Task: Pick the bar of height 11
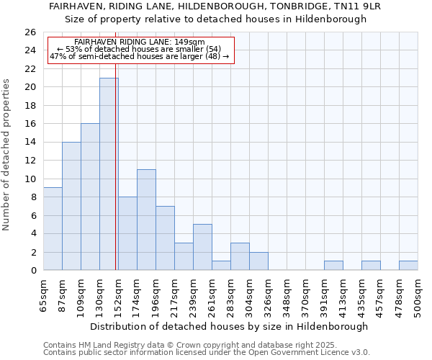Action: coord(146,220)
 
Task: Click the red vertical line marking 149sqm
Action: coord(115,180)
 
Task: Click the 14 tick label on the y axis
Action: coord(30,143)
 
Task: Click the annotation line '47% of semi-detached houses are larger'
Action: coord(139,56)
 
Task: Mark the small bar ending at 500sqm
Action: coord(408,266)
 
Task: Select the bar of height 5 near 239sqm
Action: coord(202,248)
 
